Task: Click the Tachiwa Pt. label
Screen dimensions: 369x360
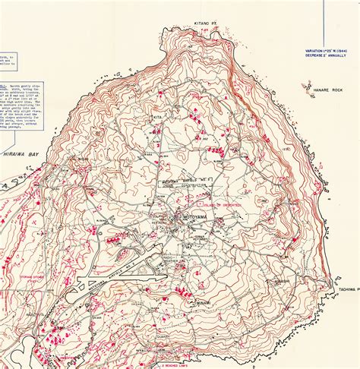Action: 346,287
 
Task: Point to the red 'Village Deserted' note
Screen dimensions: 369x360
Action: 222,205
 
